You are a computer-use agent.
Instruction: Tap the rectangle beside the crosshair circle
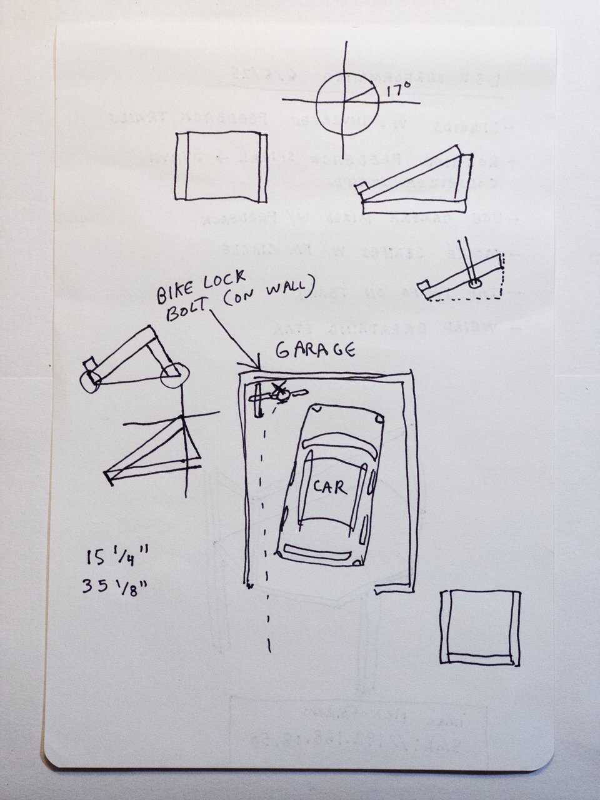(x=222, y=166)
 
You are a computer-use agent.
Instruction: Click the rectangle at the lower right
(x=480, y=627)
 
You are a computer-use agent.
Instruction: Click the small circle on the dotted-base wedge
(x=472, y=284)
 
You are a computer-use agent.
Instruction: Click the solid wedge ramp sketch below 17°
(x=412, y=181)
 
